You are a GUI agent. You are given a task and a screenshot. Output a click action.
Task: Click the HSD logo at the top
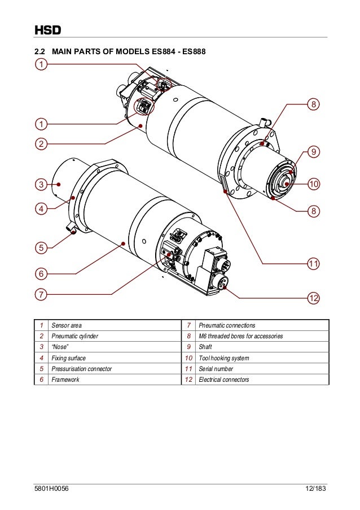47,29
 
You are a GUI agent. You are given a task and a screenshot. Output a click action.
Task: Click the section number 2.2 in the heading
41,52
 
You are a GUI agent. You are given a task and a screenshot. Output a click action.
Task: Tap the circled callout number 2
41,143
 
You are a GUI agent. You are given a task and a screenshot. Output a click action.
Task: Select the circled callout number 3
41,184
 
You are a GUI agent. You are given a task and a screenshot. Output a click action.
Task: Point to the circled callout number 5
41,247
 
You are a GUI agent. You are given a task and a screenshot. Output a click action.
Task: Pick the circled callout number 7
41,294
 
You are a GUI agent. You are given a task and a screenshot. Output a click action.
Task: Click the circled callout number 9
314,151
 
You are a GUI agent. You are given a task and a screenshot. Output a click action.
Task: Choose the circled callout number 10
314,184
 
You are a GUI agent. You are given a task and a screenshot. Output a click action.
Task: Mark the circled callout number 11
314,263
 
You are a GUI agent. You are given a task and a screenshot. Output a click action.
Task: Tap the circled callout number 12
314,297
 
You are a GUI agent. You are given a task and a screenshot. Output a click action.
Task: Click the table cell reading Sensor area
67,325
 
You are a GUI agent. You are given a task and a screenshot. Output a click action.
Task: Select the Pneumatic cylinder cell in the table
74,336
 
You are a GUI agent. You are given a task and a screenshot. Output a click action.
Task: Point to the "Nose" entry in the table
60,347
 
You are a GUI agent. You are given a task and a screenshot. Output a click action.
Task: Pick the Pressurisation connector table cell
81,369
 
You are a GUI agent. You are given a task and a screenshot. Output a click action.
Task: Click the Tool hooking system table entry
223,358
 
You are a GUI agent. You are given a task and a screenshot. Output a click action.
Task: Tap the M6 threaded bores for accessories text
240,336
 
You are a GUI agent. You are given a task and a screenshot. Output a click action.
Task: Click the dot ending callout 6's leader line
123,244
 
